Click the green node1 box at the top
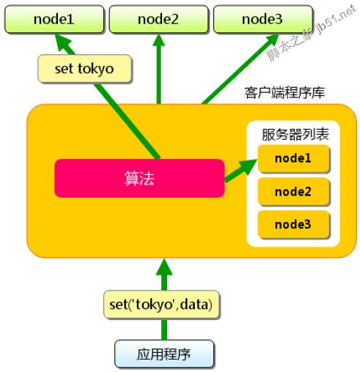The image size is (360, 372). point(54,19)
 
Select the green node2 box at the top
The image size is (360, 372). point(158,19)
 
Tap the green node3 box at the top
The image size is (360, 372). point(263,19)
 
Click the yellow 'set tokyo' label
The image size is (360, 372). point(84,69)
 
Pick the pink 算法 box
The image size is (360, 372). point(139,178)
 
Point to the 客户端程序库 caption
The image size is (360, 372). point(284,93)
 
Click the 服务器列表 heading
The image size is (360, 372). point(295,135)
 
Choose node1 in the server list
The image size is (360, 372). point(293,158)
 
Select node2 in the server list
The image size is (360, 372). point(293,192)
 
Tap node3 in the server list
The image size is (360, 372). point(293,225)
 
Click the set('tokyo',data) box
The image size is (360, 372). point(161,305)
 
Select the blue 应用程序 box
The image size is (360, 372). point(164,354)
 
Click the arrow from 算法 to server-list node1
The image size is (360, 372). point(240,170)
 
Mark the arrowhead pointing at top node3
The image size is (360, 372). point(272,41)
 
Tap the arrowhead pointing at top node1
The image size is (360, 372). point(63,43)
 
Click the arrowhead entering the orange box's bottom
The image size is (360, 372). point(164,267)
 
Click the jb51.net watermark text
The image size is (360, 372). point(336,20)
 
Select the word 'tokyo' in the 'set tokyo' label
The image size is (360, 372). point(96,70)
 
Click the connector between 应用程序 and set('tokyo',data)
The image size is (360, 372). point(164,330)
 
